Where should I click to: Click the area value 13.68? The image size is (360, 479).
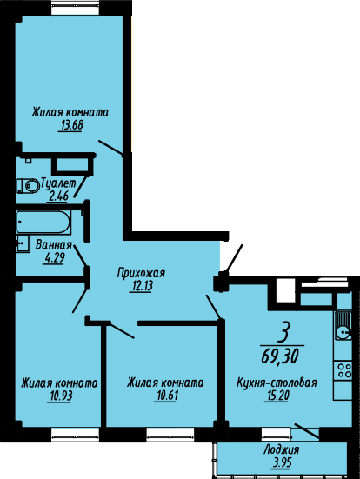[70, 125]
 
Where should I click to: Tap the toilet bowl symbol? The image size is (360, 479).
[28, 185]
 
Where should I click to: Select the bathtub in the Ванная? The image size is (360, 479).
[43, 222]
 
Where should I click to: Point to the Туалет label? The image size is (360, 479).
[58, 183]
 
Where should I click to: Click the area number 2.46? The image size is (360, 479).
[57, 196]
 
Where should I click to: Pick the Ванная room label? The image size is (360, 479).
[54, 245]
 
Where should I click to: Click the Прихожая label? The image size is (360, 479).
[141, 273]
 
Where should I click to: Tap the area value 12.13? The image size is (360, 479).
[141, 287]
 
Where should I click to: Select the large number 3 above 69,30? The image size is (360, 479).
[283, 333]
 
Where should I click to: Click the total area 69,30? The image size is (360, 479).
[280, 356]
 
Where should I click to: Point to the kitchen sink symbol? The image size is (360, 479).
[343, 326]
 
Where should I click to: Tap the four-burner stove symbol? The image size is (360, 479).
[343, 370]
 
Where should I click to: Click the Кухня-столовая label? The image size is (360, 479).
[277, 383]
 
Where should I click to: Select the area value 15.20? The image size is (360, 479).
[276, 396]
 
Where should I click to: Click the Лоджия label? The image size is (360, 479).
[281, 449]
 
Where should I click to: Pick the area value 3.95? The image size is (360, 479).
[281, 462]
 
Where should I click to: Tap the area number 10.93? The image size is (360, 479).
[60, 396]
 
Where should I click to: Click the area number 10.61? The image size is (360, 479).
[166, 396]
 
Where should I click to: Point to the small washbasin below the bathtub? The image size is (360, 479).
[23, 243]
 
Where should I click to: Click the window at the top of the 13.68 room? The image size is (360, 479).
[76, 9]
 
